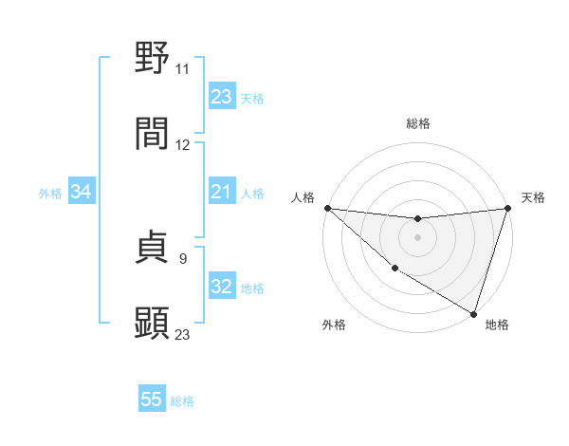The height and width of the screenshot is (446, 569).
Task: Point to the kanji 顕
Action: (153, 323)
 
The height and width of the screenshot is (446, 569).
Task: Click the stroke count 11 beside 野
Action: (182, 69)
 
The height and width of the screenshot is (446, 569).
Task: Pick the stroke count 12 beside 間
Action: (183, 145)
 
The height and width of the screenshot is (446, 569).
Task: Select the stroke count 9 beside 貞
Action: (183, 257)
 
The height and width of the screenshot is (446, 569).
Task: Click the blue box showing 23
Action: (221, 97)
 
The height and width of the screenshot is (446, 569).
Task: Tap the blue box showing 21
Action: (221, 193)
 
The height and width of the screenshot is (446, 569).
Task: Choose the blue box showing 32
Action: (221, 288)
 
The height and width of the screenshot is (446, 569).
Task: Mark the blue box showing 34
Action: (81, 193)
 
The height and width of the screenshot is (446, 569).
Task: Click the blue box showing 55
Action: (152, 400)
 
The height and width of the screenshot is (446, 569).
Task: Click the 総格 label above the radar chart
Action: (417, 123)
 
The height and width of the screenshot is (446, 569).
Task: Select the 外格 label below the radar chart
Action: (334, 325)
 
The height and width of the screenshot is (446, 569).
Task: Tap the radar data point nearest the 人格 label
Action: (327, 208)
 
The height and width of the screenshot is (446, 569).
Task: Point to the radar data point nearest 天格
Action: (508, 208)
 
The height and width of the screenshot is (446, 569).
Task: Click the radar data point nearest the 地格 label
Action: (473, 313)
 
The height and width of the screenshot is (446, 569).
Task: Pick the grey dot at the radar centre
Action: (417, 237)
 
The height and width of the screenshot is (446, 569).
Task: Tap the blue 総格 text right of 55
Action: (182, 401)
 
